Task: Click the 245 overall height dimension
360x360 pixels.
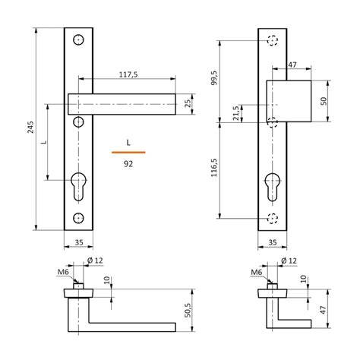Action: [x=30, y=128]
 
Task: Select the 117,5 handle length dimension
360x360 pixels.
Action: [x=128, y=74]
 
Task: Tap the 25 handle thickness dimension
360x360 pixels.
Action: [x=188, y=103]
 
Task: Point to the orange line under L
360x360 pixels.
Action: [x=128, y=153]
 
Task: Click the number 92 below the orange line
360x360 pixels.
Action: [x=128, y=164]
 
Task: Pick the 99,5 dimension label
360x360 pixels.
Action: [x=214, y=77]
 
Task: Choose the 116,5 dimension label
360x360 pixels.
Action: [x=214, y=167]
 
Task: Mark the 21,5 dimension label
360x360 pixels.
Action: [x=235, y=113]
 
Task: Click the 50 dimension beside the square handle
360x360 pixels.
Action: [x=324, y=101]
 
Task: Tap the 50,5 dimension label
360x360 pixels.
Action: [x=188, y=310]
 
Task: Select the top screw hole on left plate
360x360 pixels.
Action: [x=78, y=39]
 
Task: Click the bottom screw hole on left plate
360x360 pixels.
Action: [x=78, y=218]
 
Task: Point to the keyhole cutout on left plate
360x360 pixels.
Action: [x=78, y=186]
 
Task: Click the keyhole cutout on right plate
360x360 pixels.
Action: [x=273, y=187]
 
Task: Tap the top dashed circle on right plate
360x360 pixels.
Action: [x=273, y=40]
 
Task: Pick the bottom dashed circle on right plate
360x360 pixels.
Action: [x=273, y=218]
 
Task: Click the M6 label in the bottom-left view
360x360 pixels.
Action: [x=63, y=272]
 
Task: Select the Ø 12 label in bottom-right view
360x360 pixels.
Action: [x=289, y=261]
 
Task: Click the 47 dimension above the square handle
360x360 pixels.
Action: [x=292, y=65]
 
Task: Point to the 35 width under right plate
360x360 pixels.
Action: [x=273, y=242]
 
